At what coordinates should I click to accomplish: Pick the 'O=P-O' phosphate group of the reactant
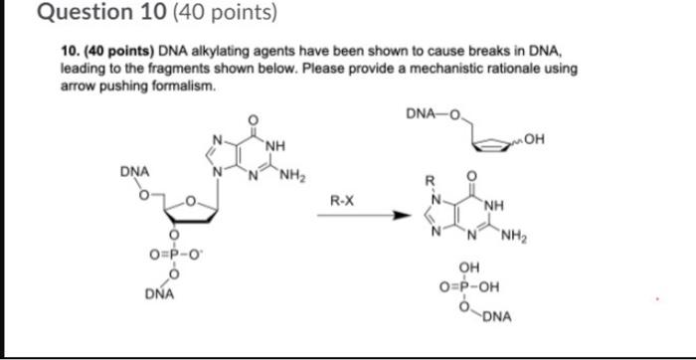[x=173, y=257]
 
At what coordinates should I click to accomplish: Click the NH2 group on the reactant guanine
[x=291, y=179]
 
